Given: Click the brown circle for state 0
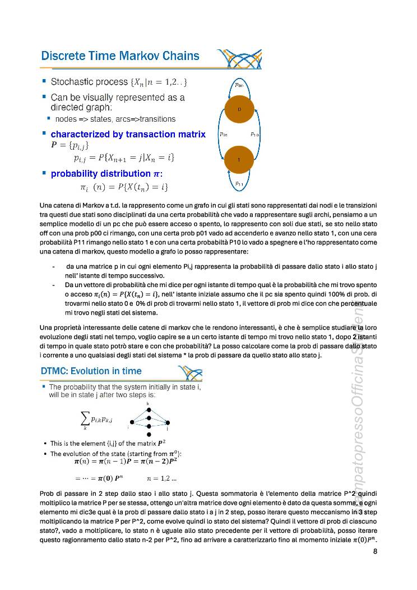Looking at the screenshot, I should [239, 109].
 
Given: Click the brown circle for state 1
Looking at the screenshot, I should [239, 159].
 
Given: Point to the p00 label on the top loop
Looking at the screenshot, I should [239, 85].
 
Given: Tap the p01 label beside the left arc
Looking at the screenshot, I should [223, 135].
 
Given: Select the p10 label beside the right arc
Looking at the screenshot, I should [254, 135].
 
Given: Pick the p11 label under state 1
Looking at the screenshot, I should [239, 183].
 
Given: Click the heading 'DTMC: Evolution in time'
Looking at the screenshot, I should [91, 371].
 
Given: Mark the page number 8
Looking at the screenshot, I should [374, 551].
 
